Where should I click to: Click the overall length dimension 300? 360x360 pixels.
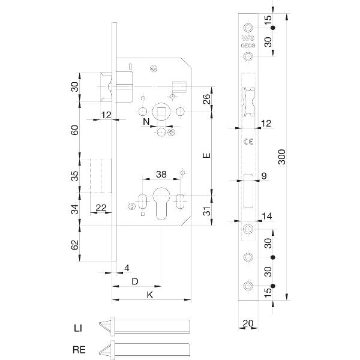[x=282, y=157]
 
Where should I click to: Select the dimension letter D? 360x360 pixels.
[x=135, y=281]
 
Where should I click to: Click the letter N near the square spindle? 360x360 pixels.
[x=146, y=122]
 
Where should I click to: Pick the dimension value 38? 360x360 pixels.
[x=161, y=175]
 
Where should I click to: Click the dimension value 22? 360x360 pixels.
[x=101, y=208]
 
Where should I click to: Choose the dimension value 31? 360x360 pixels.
[x=205, y=211]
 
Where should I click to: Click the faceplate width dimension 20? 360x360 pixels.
[x=247, y=325]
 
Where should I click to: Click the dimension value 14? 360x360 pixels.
[x=268, y=216]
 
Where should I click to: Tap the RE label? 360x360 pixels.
[x=78, y=348]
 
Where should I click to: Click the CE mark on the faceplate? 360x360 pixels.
[x=247, y=142]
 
